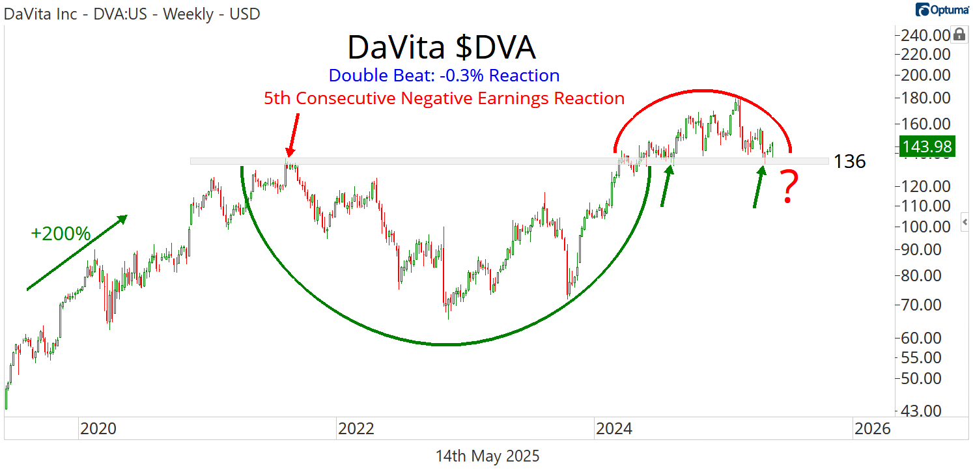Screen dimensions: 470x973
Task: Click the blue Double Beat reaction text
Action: (x=444, y=76)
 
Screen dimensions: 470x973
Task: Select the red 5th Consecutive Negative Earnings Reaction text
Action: (x=444, y=98)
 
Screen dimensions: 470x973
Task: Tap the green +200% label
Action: (x=61, y=234)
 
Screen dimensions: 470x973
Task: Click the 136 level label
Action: (x=850, y=161)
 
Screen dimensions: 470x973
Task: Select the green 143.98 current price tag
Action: (x=925, y=146)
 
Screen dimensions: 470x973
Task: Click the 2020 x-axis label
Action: (x=98, y=429)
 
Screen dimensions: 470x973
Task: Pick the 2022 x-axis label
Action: (x=356, y=429)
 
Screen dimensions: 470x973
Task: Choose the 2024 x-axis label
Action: (x=614, y=429)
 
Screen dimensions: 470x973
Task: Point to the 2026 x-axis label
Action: (x=872, y=429)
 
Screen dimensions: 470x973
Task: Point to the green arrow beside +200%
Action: (x=76, y=253)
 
